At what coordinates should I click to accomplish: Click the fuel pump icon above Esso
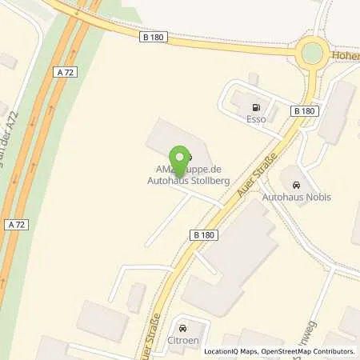256,108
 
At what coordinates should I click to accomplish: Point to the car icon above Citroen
183,329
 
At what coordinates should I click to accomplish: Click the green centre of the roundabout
311,53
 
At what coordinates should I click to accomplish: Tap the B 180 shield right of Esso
303,111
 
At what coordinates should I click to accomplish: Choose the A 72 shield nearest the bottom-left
15,223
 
